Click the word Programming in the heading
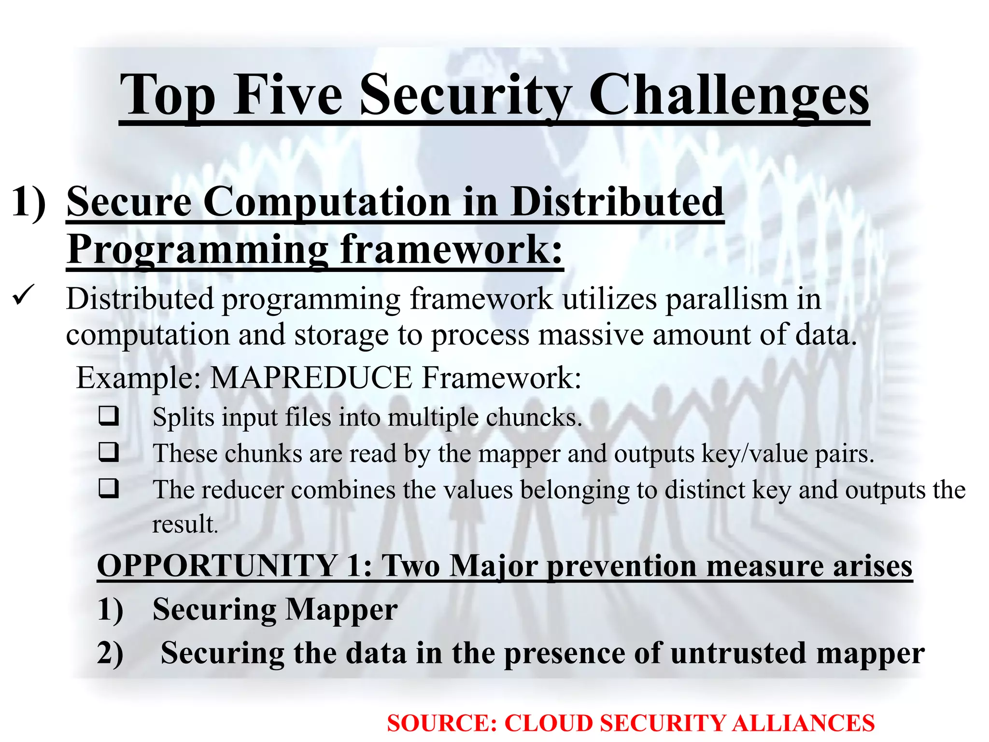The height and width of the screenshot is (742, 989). [x=198, y=250]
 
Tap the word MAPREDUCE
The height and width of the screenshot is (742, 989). [x=311, y=378]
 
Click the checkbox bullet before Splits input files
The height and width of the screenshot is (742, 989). [x=109, y=416]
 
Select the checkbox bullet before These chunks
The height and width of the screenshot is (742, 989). [x=109, y=452]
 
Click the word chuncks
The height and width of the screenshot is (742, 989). [x=533, y=417]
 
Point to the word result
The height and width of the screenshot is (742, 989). [x=185, y=524]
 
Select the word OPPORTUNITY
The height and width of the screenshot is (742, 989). [x=217, y=566]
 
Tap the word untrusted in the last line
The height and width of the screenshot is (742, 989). [x=739, y=653]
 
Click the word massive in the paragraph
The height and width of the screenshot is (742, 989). [x=591, y=335]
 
